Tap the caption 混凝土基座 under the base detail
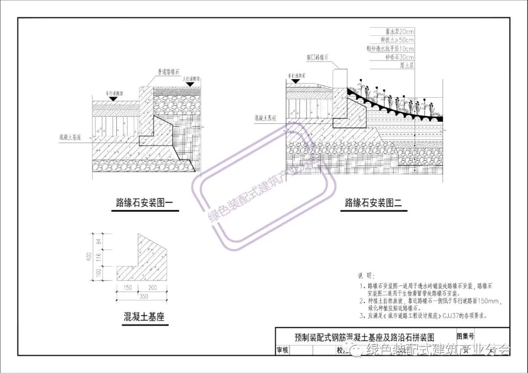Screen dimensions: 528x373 144,317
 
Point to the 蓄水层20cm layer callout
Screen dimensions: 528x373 399,31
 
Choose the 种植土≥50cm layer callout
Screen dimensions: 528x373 397,40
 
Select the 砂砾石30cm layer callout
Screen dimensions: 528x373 399,57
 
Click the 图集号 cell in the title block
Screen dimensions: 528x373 465,336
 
